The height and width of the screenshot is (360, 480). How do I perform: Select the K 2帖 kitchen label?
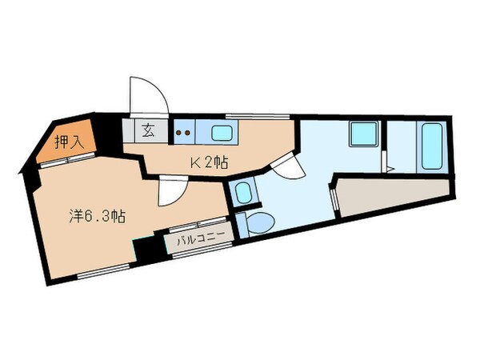[x=209, y=162]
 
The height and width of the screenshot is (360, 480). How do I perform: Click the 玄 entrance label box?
[x=148, y=128]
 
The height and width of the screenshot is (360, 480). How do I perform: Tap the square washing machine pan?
[x=362, y=135]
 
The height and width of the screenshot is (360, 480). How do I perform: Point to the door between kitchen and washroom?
[x=286, y=166]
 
